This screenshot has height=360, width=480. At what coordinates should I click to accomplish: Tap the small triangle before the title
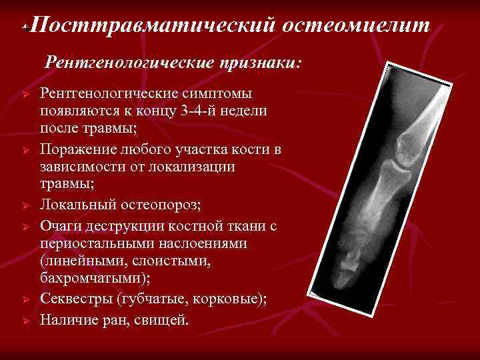click(x=23, y=29)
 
